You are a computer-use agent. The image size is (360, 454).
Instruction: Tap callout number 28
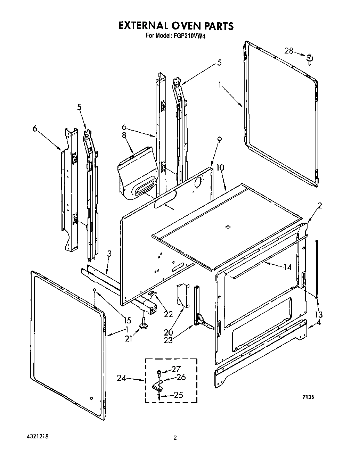[x=289, y=51]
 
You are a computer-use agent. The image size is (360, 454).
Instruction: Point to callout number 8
[x=124, y=136]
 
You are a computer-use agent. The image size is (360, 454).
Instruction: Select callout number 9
[x=219, y=140]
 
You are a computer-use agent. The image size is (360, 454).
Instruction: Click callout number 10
[x=220, y=168]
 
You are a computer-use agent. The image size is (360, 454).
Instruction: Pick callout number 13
[x=318, y=315]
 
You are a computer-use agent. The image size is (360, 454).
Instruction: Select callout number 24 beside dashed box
[x=121, y=378]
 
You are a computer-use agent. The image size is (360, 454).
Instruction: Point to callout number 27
[x=176, y=369]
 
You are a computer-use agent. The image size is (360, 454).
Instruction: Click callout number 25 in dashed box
[x=178, y=395]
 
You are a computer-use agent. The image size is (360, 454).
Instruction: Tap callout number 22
[x=168, y=314]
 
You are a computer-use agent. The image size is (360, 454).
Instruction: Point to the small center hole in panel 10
[x=228, y=227]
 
